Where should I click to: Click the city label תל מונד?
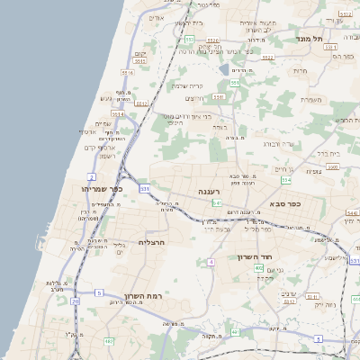(314, 40)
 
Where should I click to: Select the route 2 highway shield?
(91, 175)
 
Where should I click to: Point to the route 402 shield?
(259, 268)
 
